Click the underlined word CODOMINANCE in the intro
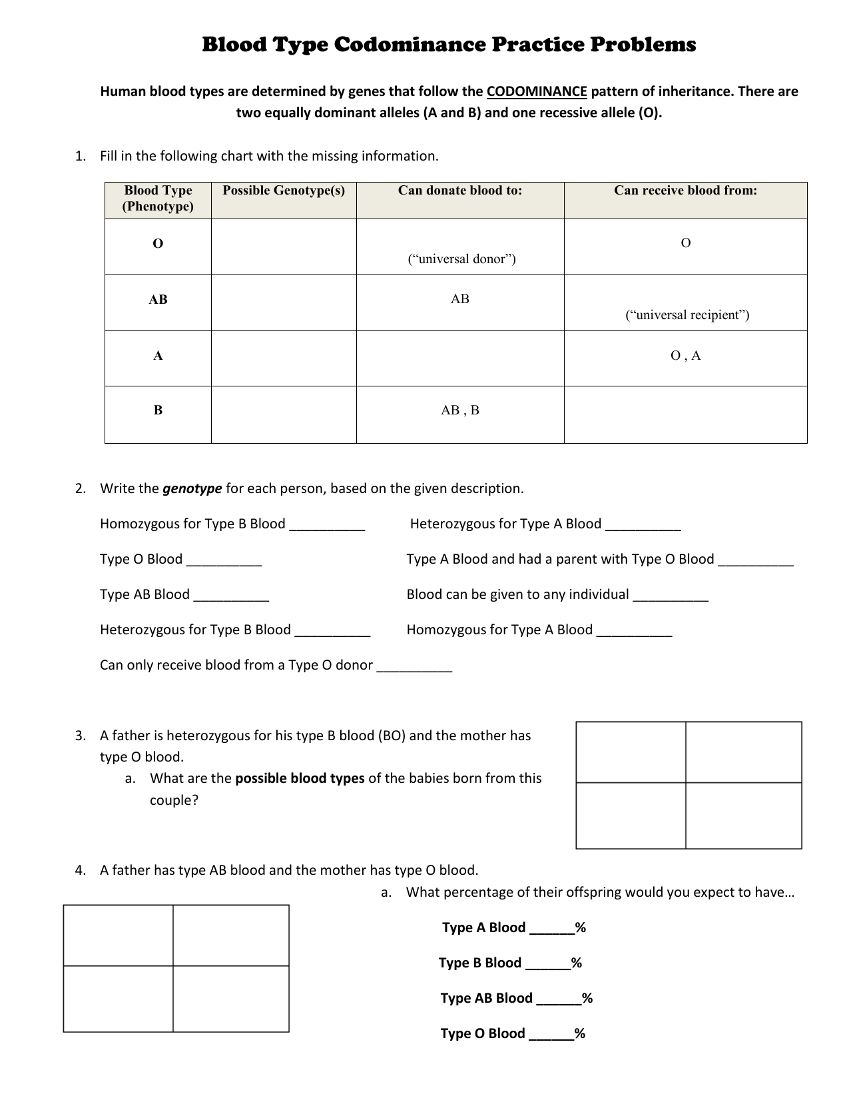coord(537,91)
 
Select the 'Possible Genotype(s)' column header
coord(284,191)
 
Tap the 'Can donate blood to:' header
coord(460,191)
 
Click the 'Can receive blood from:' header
coord(685,191)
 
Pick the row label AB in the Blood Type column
coord(158,300)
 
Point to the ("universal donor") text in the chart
coord(461,259)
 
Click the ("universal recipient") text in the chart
coord(687,315)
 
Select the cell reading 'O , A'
coord(685,356)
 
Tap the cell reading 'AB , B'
coord(460,410)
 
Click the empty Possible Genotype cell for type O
coord(284,247)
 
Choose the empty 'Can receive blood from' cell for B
coord(685,414)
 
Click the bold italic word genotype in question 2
coord(192,488)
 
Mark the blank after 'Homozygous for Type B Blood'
coord(327,526)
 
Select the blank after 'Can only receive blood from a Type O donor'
coord(414,667)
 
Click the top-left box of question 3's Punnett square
coord(631,752)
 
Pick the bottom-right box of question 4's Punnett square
coord(231,999)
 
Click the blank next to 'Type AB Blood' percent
coord(558,999)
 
